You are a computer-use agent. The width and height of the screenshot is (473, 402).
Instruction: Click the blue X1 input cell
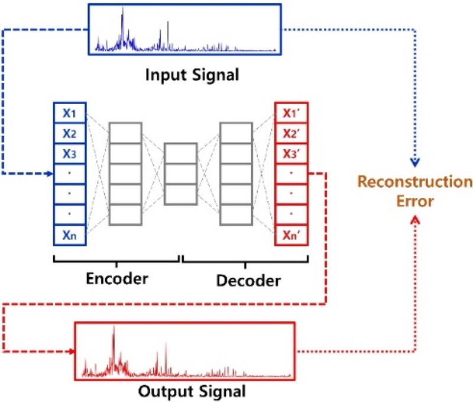point(70,112)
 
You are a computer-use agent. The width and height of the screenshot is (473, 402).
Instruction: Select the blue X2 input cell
point(70,133)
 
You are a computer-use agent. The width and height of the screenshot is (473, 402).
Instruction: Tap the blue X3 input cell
point(70,153)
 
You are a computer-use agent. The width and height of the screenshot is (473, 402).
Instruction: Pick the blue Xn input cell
point(70,235)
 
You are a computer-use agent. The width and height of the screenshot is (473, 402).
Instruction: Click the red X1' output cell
point(292,112)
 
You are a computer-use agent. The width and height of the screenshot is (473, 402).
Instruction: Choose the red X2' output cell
point(292,133)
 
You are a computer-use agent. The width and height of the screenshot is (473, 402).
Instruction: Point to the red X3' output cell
point(292,153)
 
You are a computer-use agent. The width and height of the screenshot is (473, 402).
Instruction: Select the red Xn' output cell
point(292,235)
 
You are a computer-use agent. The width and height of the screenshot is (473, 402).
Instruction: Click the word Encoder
point(117,278)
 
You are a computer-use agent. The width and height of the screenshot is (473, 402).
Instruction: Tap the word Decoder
point(249,279)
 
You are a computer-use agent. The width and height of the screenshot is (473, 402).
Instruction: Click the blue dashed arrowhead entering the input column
point(48,174)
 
